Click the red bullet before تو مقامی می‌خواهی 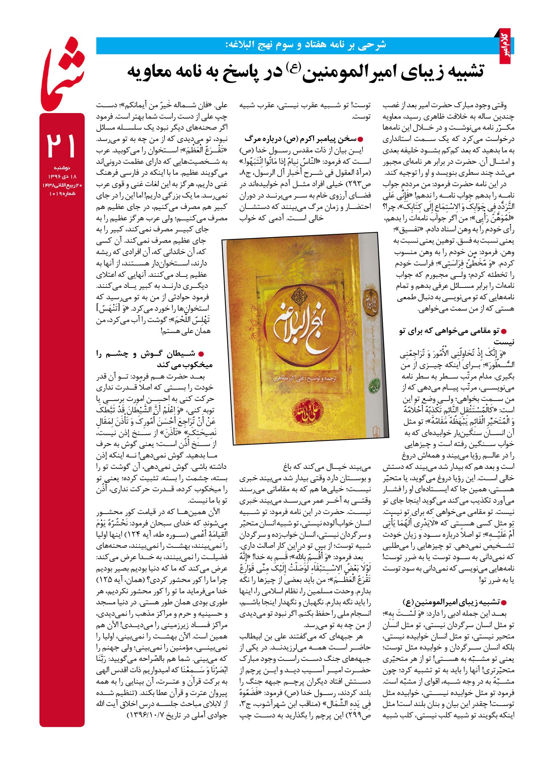coord(504,331)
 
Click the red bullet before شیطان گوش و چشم coord(201,354)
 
